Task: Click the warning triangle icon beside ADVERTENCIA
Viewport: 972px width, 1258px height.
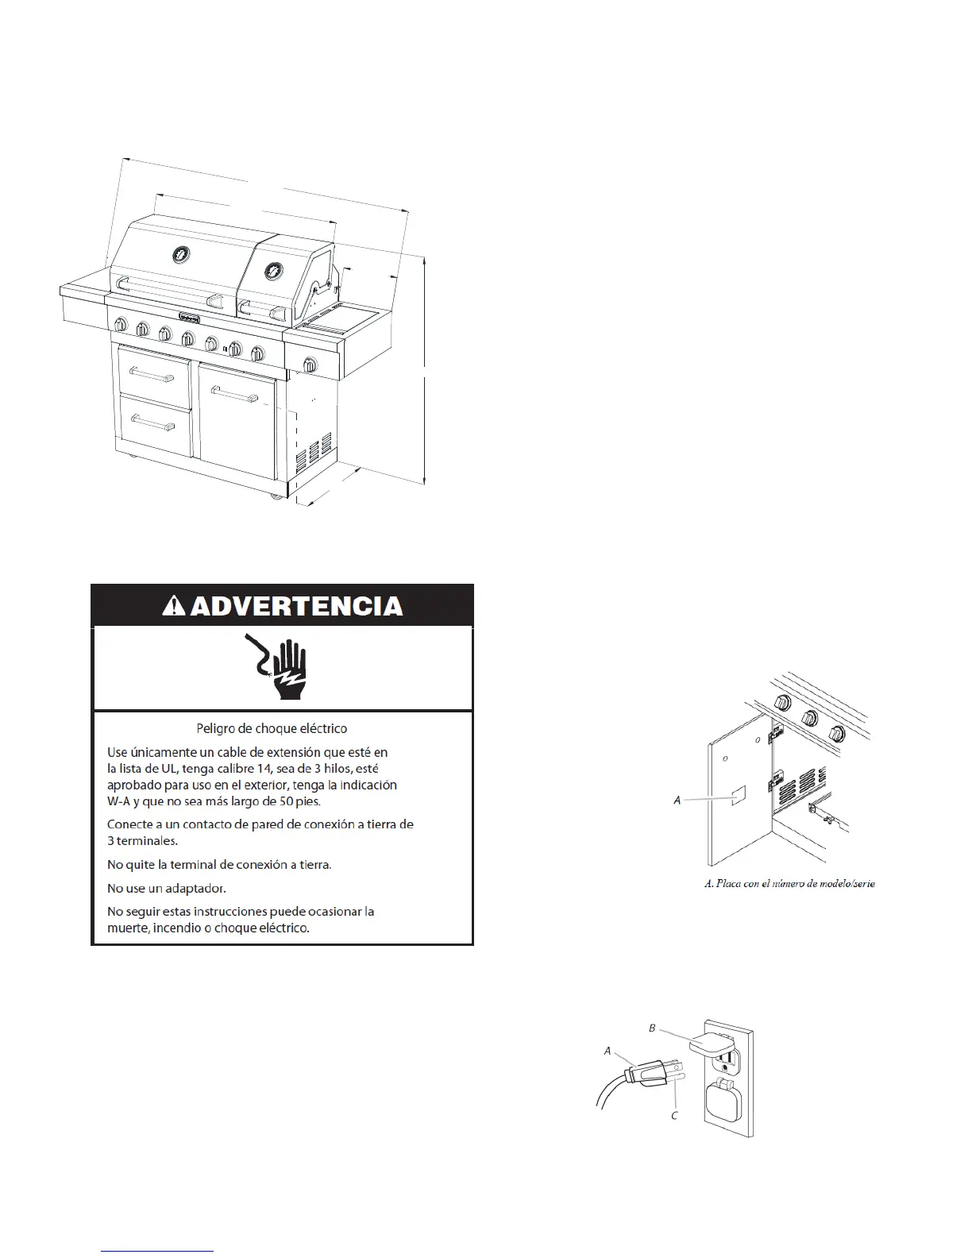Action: [x=173, y=607]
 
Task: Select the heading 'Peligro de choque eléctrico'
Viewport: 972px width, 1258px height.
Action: [x=271, y=727]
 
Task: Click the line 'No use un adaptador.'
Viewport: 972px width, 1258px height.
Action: [x=167, y=888]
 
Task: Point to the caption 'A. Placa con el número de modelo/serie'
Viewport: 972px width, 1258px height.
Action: [x=789, y=883]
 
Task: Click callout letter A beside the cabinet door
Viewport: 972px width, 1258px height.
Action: [x=677, y=800]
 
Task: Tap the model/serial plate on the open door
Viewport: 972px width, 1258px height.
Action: [x=737, y=797]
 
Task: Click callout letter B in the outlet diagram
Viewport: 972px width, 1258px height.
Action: [x=652, y=1028]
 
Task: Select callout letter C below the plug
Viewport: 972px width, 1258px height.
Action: [x=674, y=1115]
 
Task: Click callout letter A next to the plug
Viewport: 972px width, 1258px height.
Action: [x=607, y=1050]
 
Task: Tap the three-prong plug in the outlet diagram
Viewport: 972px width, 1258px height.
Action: [x=648, y=1075]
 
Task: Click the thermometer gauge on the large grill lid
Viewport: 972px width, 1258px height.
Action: [x=182, y=254]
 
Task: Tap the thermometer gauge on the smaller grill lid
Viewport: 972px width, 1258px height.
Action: [x=273, y=270]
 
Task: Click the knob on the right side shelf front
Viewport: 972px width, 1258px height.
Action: [x=310, y=365]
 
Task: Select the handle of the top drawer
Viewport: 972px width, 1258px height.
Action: [x=152, y=373]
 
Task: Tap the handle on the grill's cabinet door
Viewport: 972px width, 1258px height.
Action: [x=234, y=392]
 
